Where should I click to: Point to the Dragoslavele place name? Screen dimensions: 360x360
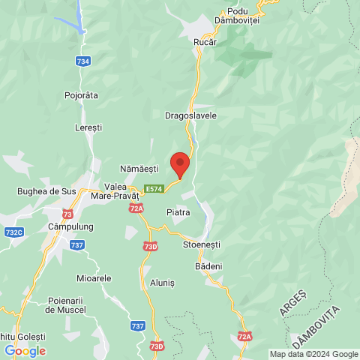(x=190, y=115)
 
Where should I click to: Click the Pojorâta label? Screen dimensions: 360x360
(x=82, y=95)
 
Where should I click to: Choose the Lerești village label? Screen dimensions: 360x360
(x=88, y=128)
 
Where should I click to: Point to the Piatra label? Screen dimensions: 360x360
(x=178, y=212)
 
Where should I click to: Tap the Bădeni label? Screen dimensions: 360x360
(x=208, y=266)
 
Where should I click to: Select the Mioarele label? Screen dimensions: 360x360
(x=94, y=277)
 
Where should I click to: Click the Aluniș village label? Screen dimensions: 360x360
(x=162, y=283)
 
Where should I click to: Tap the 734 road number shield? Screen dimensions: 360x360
(x=83, y=61)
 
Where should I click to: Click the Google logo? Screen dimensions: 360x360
(x=25, y=350)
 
